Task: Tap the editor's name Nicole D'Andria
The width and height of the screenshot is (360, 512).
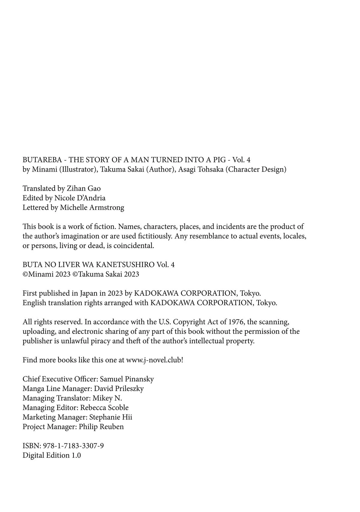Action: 80,198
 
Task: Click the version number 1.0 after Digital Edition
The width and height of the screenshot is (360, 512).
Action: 76,455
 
